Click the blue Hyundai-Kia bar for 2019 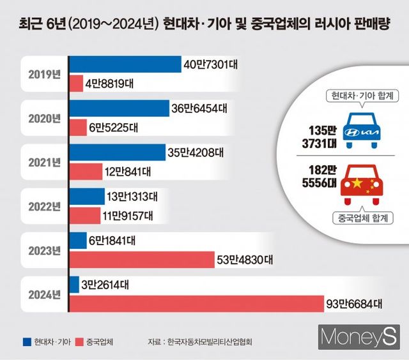pos(125,64)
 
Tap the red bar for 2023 pos(141,259)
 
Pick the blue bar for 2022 pos(86,196)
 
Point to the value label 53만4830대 pos(245,260)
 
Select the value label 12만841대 pos(127,171)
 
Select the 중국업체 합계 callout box pos(362,218)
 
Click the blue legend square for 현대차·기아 pos(26,341)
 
